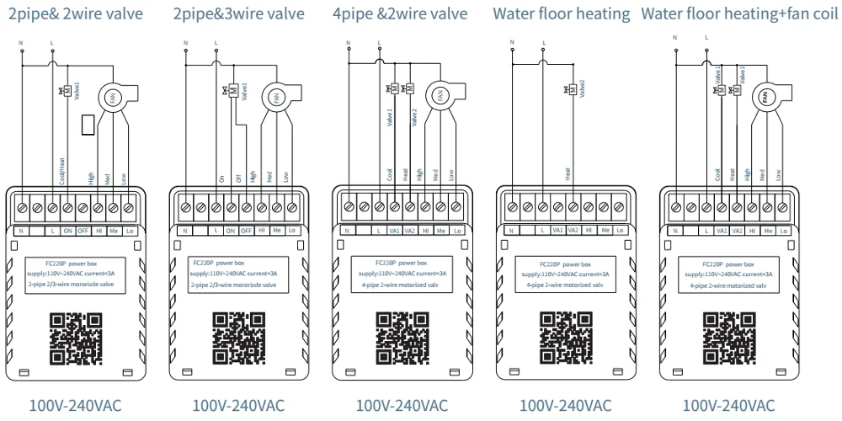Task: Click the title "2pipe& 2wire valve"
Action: click(x=76, y=13)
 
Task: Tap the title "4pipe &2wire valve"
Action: click(x=399, y=13)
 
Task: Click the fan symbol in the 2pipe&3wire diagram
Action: click(x=273, y=98)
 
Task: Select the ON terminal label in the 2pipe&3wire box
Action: click(x=231, y=230)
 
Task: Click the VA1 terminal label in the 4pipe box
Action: click(x=394, y=230)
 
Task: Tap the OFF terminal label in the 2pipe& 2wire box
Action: click(x=83, y=230)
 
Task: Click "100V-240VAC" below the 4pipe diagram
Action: click(x=402, y=406)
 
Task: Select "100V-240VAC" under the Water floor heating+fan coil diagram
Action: click(x=728, y=406)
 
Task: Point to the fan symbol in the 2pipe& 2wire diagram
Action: click(x=109, y=98)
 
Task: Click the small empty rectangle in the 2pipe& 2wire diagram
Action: click(x=88, y=125)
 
